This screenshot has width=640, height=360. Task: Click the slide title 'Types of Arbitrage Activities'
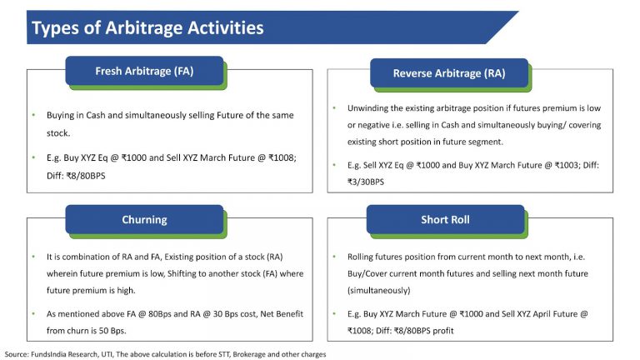[x=147, y=28]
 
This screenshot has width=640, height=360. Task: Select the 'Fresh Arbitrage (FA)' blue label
[x=144, y=71]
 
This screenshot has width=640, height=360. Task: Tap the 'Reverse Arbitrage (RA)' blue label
[x=448, y=73]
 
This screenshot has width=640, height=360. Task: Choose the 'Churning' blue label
[x=144, y=220]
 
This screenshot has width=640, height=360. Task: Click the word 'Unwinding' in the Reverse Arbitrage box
[x=367, y=108]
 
